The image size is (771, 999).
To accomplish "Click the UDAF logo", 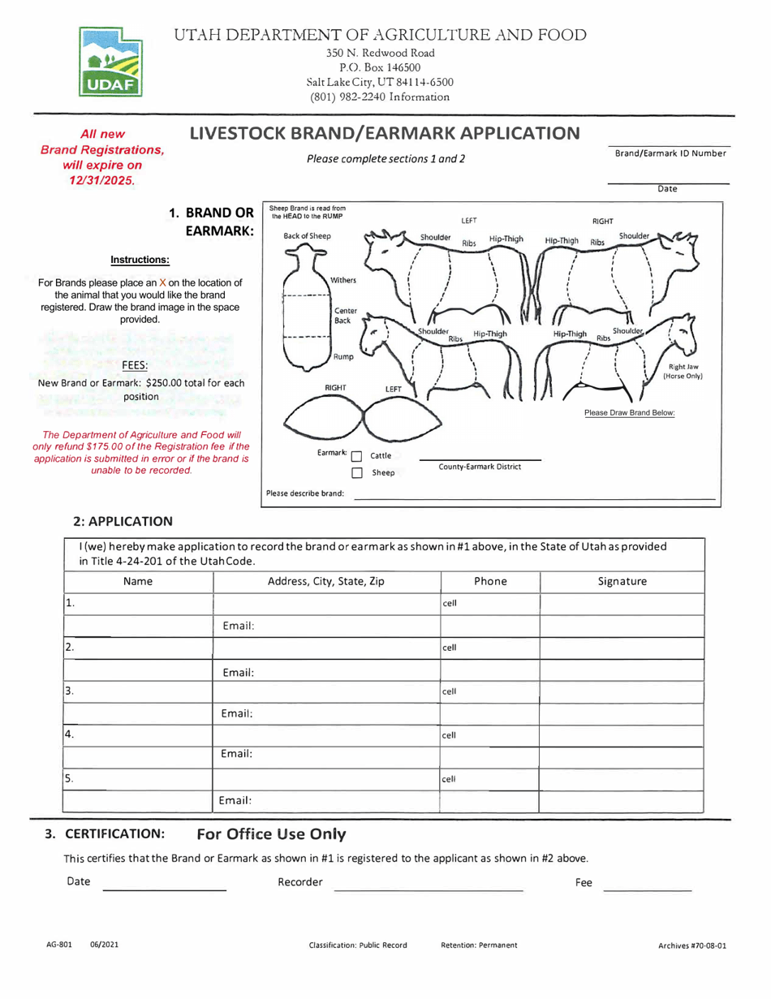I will pyautogui.click(x=110, y=62).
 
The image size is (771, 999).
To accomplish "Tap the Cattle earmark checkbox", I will pyautogui.click(x=355, y=455).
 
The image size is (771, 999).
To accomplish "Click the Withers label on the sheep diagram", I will pyautogui.click(x=343, y=279).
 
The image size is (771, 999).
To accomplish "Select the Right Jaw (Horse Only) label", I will pyautogui.click(x=683, y=372).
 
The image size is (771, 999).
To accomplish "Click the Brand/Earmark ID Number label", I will pyautogui.click(x=670, y=153).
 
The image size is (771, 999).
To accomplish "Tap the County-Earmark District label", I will pyautogui.click(x=479, y=467).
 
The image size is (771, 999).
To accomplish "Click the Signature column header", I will pyautogui.click(x=622, y=582).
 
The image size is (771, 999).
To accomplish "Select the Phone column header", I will pyautogui.click(x=490, y=582).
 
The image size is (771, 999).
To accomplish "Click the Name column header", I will pyautogui.click(x=138, y=582).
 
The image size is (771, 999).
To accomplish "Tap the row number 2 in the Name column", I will pyautogui.click(x=71, y=648).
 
